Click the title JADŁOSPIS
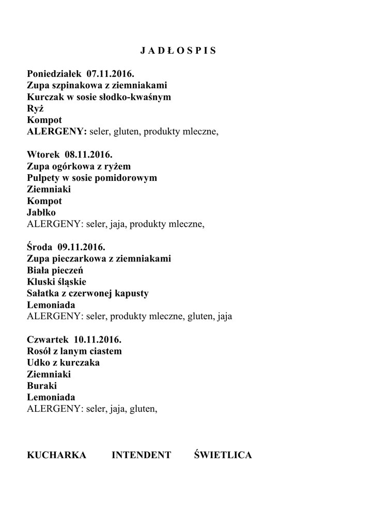tap(178, 51)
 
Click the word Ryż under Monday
tap(35, 108)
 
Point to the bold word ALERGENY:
tap(57, 132)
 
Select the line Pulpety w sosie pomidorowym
tap(92, 178)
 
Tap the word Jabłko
tap(41, 212)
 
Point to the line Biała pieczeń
tap(55, 270)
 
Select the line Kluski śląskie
tap(56, 282)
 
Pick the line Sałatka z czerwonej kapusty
tap(88, 293)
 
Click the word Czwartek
tap(48, 339)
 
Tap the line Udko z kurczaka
tap(63, 363)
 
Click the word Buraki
tap(41, 386)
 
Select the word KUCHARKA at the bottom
tap(56, 455)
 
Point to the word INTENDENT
tap(141, 455)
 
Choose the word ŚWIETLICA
tap(223, 455)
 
